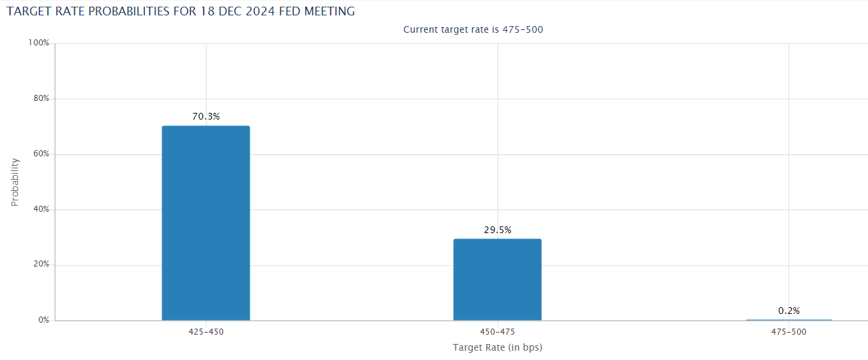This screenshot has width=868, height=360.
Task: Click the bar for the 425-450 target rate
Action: click(x=206, y=223)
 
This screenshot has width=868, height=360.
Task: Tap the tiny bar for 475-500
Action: click(x=789, y=320)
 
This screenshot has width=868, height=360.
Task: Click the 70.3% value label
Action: click(x=206, y=116)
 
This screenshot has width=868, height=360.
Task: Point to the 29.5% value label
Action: click(x=497, y=230)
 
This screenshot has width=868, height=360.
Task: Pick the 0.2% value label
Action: click(x=789, y=311)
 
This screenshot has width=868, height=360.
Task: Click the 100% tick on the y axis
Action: click(x=39, y=43)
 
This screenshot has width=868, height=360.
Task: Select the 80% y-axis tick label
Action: click(x=41, y=98)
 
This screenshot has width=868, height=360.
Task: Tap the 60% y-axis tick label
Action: click(x=41, y=154)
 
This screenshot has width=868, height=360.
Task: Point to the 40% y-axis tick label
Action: click(x=41, y=209)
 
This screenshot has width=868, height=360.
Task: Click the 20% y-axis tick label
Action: click(x=41, y=264)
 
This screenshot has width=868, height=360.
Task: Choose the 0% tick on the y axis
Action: click(x=43, y=320)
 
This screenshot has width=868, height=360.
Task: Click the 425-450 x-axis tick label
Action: click(x=206, y=332)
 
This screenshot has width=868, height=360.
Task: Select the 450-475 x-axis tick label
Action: click(x=497, y=332)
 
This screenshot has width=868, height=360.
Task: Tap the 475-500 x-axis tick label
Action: click(x=789, y=332)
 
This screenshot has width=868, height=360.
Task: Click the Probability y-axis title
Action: click(x=15, y=182)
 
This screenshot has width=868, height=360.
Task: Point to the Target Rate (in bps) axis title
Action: click(x=497, y=347)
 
